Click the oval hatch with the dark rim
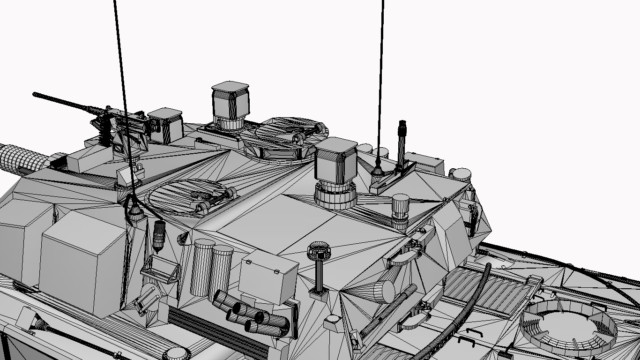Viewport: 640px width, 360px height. pos(193,195)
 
